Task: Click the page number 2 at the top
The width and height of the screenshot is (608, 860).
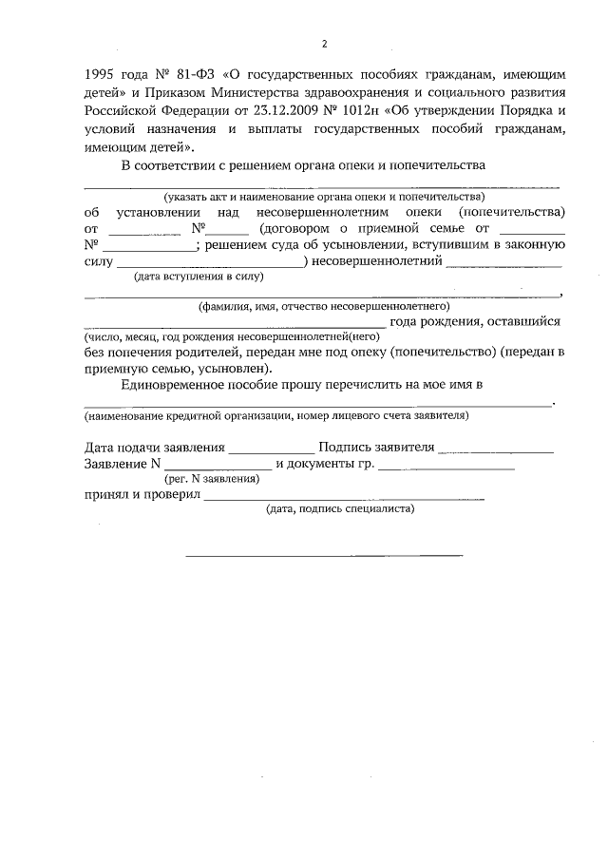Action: click(x=324, y=44)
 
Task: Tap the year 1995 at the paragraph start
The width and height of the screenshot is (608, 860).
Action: click(x=102, y=73)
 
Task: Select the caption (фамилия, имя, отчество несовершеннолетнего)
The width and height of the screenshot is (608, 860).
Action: click(x=323, y=307)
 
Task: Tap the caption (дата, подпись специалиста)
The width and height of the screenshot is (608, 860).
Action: click(x=339, y=509)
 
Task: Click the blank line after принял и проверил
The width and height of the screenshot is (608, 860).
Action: click(x=345, y=499)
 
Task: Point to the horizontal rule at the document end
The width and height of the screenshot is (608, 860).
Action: click(x=323, y=554)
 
